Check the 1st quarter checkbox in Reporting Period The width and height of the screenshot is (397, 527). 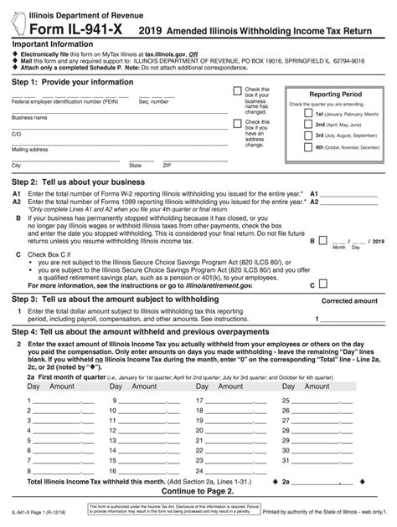(x=307, y=112)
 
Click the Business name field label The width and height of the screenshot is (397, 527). (x=29, y=118)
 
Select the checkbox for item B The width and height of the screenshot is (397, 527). (x=319, y=239)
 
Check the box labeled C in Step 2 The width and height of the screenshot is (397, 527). (x=319, y=284)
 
